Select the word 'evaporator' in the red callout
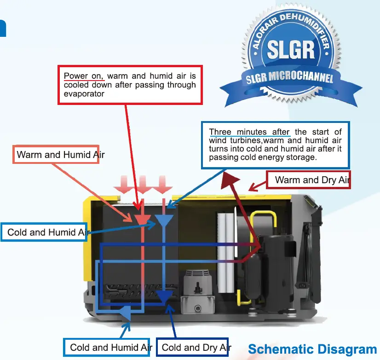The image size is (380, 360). (x=84, y=93)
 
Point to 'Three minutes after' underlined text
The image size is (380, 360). (x=249, y=132)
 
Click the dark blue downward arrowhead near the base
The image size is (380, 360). (x=164, y=296)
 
